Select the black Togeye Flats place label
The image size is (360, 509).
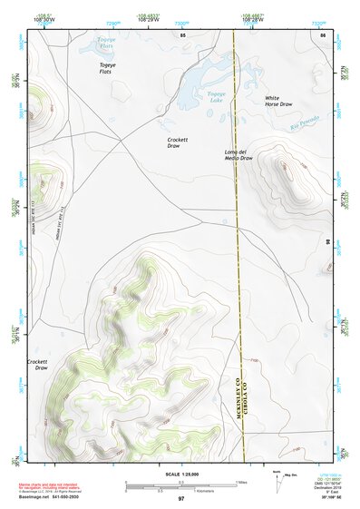pos(108,69)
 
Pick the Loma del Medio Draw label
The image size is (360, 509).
pos(238,154)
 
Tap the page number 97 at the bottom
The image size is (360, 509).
pos(181,499)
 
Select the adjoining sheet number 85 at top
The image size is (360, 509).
pos(182,34)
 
